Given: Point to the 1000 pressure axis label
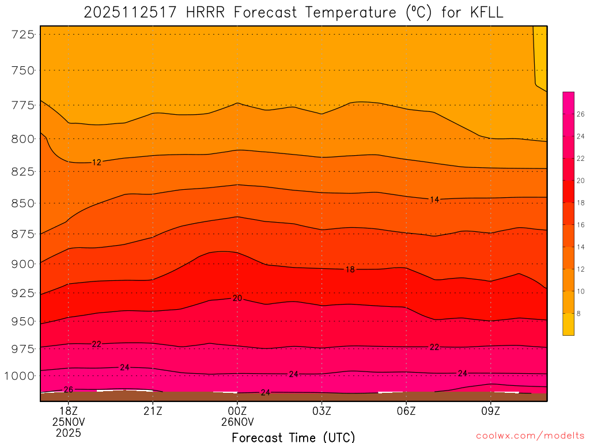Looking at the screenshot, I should [x=20, y=376].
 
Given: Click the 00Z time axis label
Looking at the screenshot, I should [x=237, y=411].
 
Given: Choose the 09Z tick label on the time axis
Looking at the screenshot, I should [x=491, y=411].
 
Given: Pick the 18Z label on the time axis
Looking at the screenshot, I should [x=68, y=411].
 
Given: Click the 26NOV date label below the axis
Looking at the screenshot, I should [x=237, y=422].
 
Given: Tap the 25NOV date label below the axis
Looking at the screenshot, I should [x=68, y=422].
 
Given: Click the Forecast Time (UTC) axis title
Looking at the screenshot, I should [x=293, y=437].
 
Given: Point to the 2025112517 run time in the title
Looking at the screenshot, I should [x=131, y=13].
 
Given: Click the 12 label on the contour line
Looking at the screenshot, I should [x=96, y=163].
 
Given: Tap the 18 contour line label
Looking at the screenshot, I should [x=350, y=269].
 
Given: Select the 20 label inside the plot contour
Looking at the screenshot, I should [x=237, y=298].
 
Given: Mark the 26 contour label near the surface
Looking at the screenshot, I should [x=68, y=390].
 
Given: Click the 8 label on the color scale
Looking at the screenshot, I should [x=578, y=313].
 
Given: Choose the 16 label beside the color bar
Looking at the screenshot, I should [x=580, y=224].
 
